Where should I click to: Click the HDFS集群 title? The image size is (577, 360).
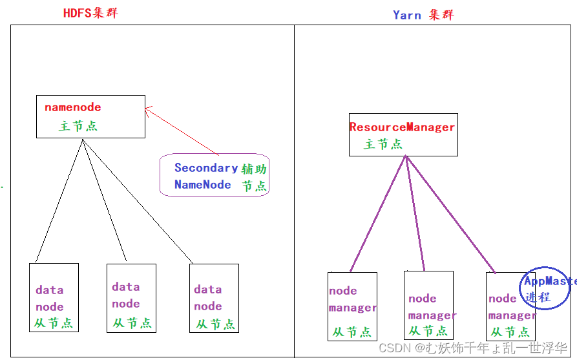[90, 14]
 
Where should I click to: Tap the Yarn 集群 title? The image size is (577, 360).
[423, 15]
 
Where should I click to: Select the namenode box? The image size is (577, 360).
[90, 116]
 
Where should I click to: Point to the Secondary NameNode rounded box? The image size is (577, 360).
[214, 175]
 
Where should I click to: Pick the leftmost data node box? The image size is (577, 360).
[54, 297]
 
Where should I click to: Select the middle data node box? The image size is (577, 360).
[131, 297]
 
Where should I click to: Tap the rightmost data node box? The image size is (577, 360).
[214, 298]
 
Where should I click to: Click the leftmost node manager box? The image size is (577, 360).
[351, 306]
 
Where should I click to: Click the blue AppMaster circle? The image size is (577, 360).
[546, 288]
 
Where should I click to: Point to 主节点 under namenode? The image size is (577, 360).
[78, 126]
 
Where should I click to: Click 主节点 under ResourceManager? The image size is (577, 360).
[383, 143]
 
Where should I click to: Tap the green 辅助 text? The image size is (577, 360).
[254, 169]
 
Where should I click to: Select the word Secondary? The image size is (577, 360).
[206, 168]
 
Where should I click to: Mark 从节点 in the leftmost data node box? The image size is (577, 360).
[54, 323]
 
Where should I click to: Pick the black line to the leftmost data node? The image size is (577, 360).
[59, 200]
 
